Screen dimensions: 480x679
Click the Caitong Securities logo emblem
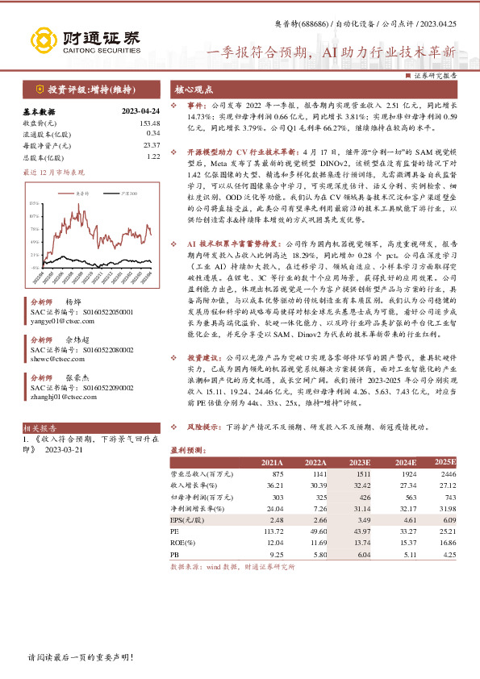(43, 40)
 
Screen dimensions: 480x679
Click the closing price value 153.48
(150, 123)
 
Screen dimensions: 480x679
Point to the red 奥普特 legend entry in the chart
(82, 194)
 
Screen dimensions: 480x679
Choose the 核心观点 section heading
(191, 90)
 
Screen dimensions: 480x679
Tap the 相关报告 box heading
(40, 428)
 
